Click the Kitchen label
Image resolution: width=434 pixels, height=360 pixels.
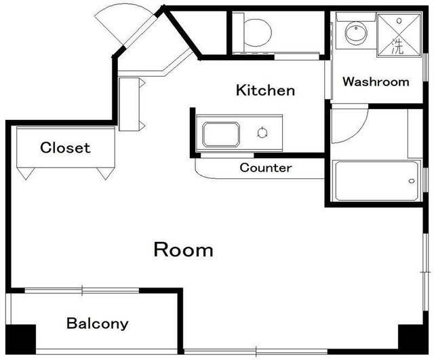(x=265, y=90)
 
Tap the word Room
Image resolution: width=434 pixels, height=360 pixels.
(x=183, y=249)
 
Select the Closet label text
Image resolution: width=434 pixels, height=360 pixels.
(x=65, y=148)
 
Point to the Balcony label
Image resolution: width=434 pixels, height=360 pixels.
(x=98, y=323)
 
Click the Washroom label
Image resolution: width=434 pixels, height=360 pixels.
(x=376, y=81)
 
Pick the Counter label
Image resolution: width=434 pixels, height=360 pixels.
(x=266, y=167)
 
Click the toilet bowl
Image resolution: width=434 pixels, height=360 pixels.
(x=258, y=33)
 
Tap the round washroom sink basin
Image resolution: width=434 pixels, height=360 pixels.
(x=356, y=33)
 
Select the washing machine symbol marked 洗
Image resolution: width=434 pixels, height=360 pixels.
(x=399, y=35)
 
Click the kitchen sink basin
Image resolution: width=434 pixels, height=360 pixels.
(x=221, y=134)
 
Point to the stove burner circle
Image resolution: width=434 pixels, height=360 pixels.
(x=262, y=132)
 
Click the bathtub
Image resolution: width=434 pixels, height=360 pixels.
(x=376, y=181)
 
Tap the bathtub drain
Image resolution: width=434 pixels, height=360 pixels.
(x=412, y=181)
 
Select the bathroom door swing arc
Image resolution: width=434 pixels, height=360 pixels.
(x=357, y=132)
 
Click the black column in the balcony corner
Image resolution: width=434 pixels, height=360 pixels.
(x=21, y=339)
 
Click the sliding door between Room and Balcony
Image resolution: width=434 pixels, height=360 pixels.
(x=82, y=291)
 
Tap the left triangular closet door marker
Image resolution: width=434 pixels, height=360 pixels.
(x=26, y=174)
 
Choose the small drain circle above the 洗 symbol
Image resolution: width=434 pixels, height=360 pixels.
(x=399, y=20)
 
